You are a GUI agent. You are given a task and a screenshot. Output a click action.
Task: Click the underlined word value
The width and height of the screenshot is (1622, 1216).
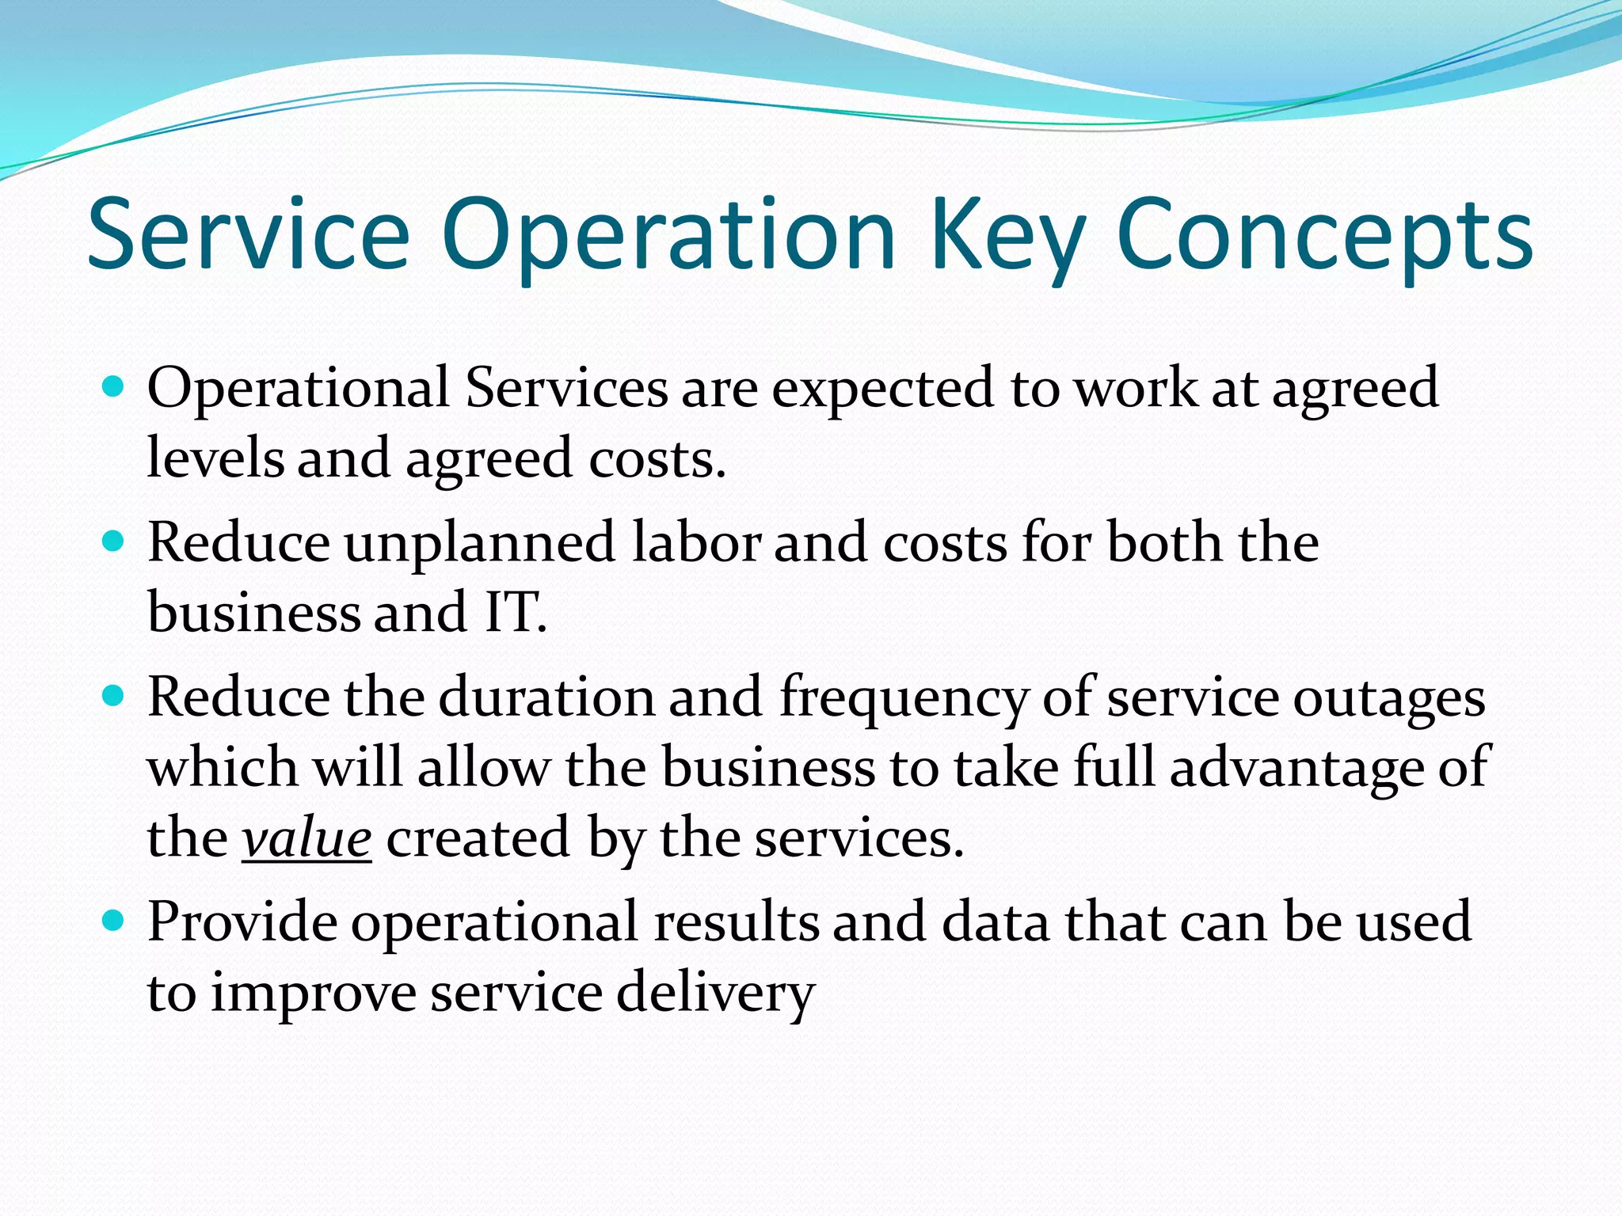(x=307, y=838)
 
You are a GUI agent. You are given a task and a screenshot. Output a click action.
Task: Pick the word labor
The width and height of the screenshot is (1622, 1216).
(x=696, y=542)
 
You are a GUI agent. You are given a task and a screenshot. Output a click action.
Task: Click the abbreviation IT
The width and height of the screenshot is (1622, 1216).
(x=514, y=612)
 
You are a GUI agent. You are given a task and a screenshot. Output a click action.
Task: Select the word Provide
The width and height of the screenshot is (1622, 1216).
(x=242, y=921)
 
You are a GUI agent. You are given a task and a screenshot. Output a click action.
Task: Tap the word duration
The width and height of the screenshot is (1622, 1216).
(x=547, y=697)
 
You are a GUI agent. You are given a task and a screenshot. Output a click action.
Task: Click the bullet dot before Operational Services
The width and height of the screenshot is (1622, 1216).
(x=115, y=387)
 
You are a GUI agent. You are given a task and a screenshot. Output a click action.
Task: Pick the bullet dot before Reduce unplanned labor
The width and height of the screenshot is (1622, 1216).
(x=115, y=541)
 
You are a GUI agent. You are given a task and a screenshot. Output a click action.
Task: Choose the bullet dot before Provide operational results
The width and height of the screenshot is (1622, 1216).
(x=115, y=921)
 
